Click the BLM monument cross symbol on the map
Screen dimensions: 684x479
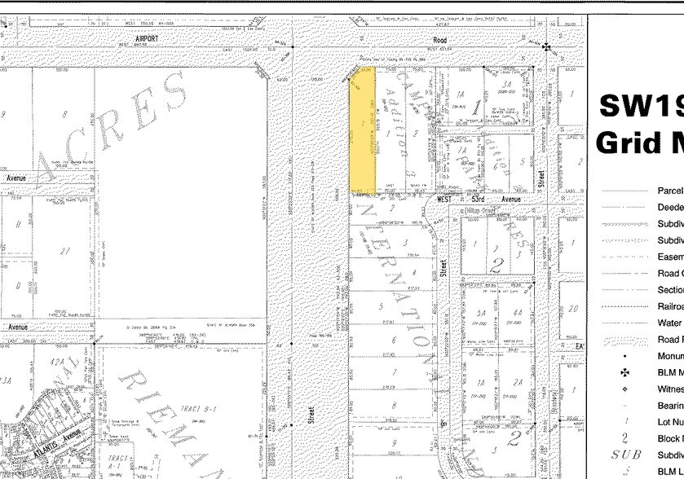click(545, 47)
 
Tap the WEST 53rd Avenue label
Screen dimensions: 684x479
click(479, 199)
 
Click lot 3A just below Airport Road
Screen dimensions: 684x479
click(505, 84)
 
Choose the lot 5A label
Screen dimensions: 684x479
click(481, 313)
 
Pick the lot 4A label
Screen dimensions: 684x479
click(517, 313)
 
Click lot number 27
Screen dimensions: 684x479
click(63, 251)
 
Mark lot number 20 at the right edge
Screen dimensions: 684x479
click(574, 309)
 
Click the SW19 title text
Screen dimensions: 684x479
click(640, 106)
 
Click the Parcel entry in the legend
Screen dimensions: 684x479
click(669, 191)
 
